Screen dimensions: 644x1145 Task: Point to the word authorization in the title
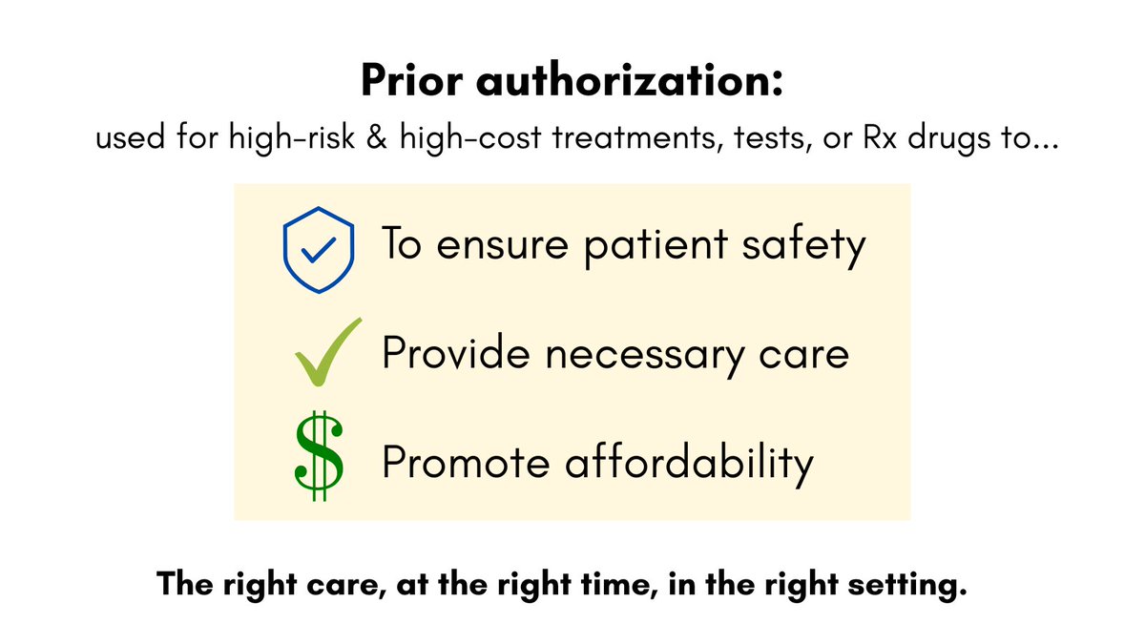point(630,83)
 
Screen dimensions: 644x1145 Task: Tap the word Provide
point(446,353)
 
